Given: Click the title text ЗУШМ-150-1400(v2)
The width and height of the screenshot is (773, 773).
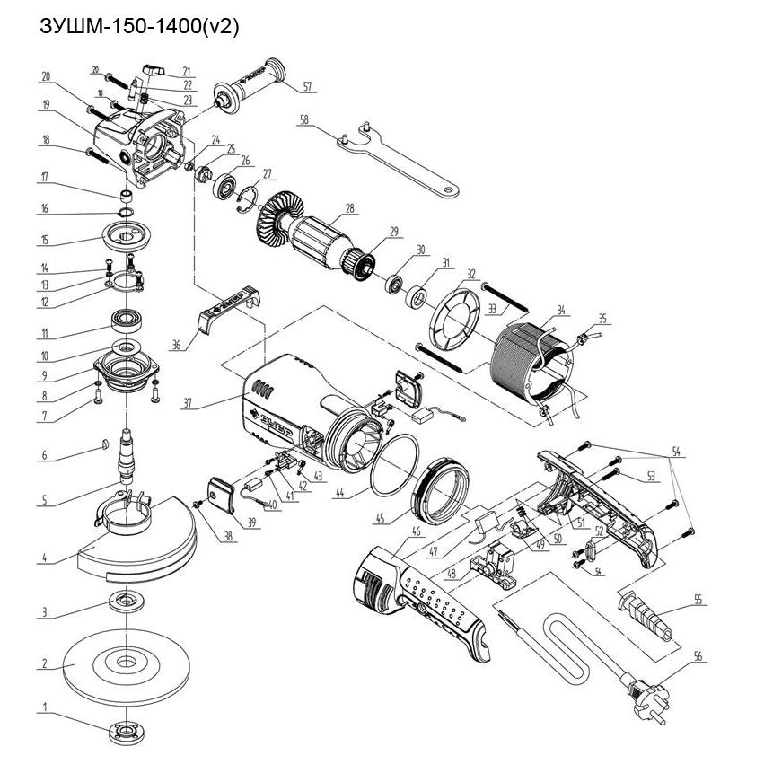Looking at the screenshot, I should [139, 27].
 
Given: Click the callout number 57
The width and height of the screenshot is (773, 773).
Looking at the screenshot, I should [307, 87].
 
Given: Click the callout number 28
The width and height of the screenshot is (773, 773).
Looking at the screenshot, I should [348, 208].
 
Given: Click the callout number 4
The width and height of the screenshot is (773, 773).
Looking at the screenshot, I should [41, 558].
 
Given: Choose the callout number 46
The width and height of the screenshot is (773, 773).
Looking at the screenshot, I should [415, 531].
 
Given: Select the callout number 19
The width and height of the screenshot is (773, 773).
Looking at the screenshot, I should [44, 105].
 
